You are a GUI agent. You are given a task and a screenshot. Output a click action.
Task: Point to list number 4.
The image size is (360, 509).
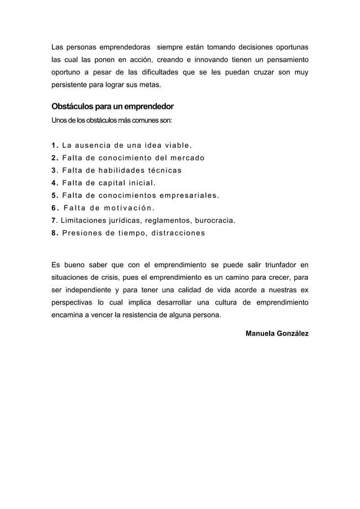[54, 183]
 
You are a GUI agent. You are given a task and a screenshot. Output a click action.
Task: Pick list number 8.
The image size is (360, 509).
[54, 232]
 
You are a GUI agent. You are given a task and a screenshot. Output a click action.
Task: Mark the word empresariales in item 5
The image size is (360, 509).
[190, 196]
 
